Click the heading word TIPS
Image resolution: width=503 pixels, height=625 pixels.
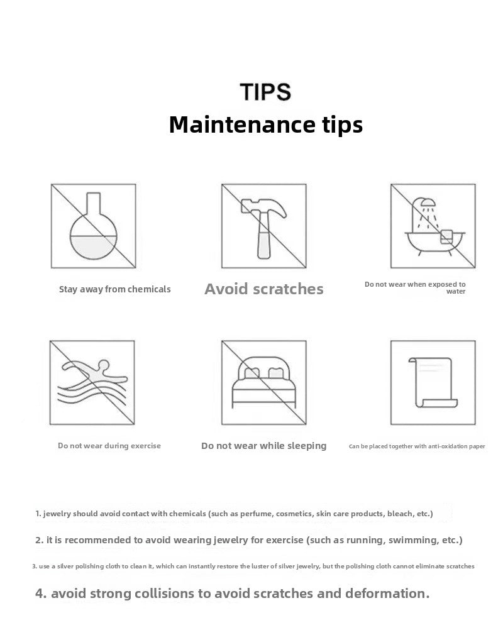coord(265,92)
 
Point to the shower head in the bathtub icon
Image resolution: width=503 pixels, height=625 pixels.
coord(428,202)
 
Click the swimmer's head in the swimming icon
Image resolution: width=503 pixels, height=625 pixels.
coord(104,364)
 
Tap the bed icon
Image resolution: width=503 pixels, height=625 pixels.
coord(264,382)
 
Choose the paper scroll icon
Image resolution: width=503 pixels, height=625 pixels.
coord(433,383)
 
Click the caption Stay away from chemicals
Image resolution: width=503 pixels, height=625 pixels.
coord(115,289)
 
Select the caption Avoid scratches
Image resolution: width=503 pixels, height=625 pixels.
coord(264,289)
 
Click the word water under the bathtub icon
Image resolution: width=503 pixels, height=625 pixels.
coord(456,291)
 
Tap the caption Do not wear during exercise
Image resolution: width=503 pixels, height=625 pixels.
coord(109,446)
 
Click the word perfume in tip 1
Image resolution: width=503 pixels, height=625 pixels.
coord(256,514)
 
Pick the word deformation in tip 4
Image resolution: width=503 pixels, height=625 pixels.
coord(387,594)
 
